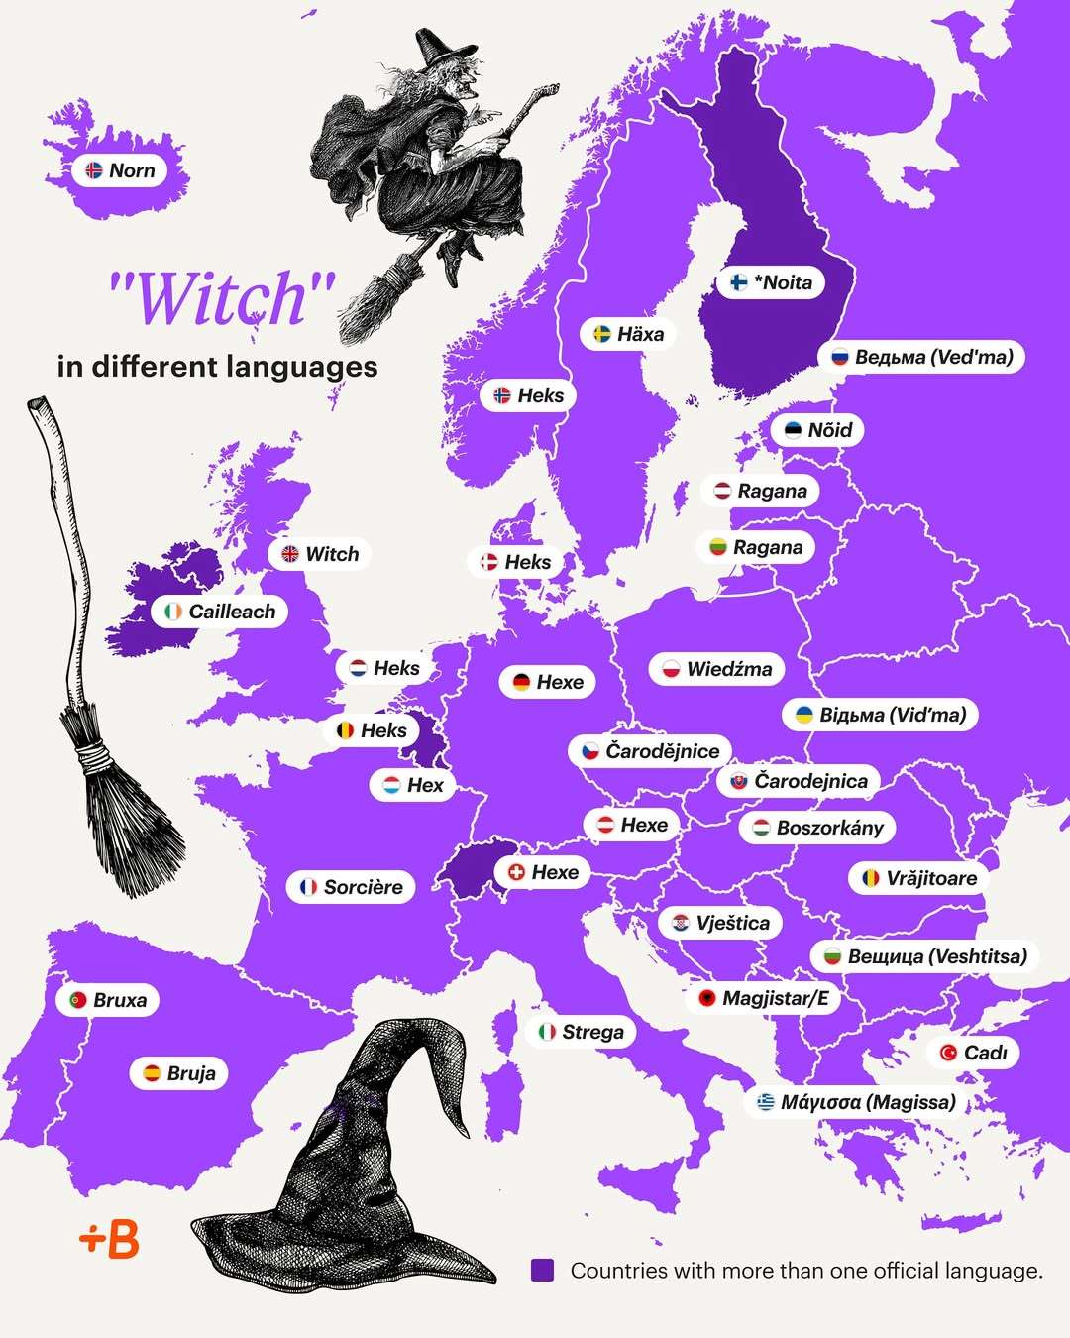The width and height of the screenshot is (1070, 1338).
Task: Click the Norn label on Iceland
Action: pos(120,170)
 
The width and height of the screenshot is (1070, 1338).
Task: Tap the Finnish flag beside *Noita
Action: pos(739,282)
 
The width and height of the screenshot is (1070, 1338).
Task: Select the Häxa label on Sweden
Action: pos(628,334)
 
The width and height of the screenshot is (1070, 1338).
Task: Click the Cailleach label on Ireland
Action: pos(220,612)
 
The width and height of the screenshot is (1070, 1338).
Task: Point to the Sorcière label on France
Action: pos(351,887)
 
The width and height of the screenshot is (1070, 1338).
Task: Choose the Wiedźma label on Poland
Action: pos(716,669)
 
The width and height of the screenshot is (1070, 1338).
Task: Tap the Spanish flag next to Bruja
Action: pos(152,1073)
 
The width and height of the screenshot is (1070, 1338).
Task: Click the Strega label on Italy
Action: pos(581,1032)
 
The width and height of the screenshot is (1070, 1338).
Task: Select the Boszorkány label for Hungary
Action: pos(817,828)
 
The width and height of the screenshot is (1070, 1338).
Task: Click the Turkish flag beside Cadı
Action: pos(948,1053)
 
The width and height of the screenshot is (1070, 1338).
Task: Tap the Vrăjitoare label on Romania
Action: pos(918,878)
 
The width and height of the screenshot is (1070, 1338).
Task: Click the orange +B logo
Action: pos(109,1239)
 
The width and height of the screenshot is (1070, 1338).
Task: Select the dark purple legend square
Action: pos(542,1270)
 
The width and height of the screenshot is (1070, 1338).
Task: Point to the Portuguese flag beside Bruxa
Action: pos(77,1001)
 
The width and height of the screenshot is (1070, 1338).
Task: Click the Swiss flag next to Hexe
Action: pos(516,872)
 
